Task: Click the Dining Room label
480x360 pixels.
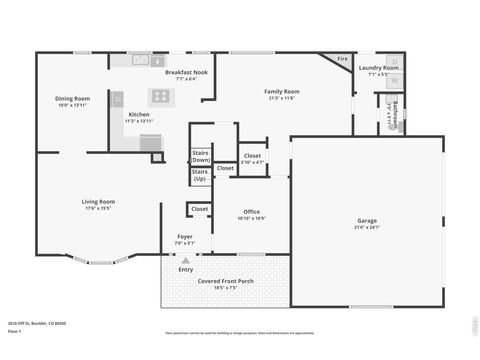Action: click(73, 98)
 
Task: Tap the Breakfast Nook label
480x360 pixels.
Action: click(185, 73)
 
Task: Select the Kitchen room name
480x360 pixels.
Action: click(139, 114)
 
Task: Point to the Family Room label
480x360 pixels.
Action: click(283, 91)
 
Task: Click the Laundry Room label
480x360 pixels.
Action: click(378, 67)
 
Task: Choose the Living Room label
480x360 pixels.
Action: click(98, 201)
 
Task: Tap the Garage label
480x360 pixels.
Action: click(368, 220)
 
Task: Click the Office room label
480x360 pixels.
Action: click(252, 211)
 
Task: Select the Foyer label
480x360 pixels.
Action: click(185, 236)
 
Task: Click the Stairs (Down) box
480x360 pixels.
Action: click(200, 156)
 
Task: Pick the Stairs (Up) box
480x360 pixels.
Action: click(200, 175)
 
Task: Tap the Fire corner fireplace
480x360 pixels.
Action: click(342, 59)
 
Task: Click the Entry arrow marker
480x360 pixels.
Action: click(185, 260)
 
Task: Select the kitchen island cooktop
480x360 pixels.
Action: click(161, 97)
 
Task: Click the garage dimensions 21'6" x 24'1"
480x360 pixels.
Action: click(368, 227)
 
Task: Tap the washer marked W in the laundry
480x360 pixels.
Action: click(394, 80)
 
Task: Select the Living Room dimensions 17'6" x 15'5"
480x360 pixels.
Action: click(98, 208)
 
